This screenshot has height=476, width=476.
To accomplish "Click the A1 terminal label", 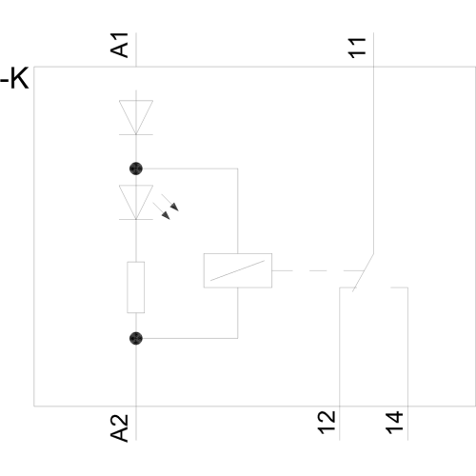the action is click(x=119, y=45).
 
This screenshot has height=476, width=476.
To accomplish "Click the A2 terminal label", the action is click(x=119, y=428).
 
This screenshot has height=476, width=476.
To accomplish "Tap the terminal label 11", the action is click(x=357, y=48).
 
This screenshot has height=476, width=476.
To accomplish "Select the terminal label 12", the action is click(x=327, y=423).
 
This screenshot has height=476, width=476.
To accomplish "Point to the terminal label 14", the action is click(x=394, y=423).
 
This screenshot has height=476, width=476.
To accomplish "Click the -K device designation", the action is click(x=14, y=78).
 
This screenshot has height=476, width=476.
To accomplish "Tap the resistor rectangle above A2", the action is click(x=136, y=288).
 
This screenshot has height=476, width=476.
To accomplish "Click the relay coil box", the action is click(x=238, y=270).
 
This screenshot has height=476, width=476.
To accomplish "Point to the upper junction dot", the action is click(x=136, y=169).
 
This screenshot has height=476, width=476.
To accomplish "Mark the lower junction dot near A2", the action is click(x=136, y=338).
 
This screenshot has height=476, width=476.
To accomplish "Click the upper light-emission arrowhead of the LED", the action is click(x=175, y=208).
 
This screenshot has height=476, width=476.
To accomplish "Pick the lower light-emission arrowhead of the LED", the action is click(x=167, y=215).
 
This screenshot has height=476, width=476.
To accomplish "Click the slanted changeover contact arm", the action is click(x=363, y=272).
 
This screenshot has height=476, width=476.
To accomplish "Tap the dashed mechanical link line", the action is click(x=318, y=270).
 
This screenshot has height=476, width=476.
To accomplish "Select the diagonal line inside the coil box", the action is click(x=237, y=270).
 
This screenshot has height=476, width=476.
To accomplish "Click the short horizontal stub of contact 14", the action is click(x=399, y=288).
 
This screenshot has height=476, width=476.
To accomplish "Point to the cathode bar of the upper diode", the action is click(x=136, y=134).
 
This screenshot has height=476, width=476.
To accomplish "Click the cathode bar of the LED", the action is click(x=136, y=219).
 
